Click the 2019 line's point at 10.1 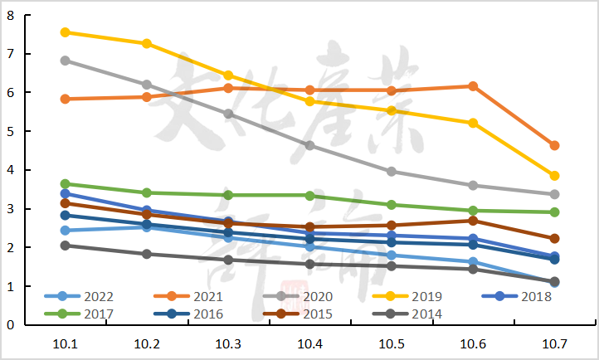point(66,32)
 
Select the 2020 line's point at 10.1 point(66,61)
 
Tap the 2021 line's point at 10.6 point(473,86)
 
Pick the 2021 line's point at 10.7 point(554,146)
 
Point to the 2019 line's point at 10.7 point(554,176)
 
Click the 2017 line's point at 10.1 point(66,184)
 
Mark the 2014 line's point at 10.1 point(66,246)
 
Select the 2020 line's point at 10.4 point(310,145)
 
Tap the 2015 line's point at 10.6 point(473,221)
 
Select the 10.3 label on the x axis point(228,342)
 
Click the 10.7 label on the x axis point(554,342)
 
